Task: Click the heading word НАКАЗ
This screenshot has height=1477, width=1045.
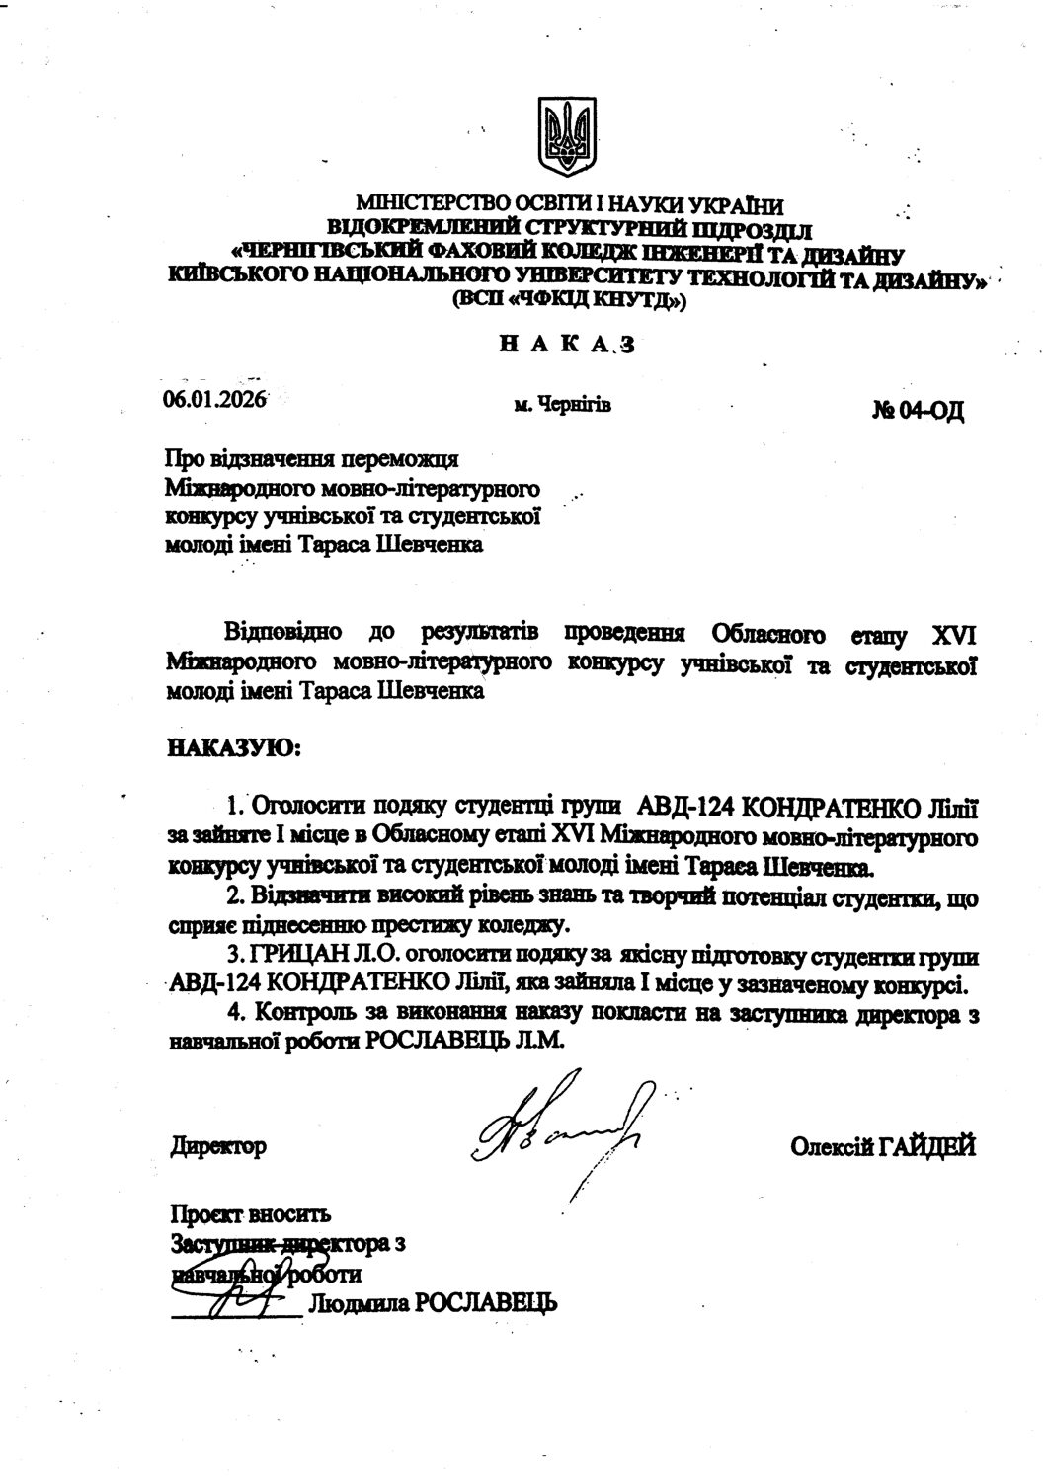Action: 564,345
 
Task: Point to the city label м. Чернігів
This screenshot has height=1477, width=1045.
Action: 562,404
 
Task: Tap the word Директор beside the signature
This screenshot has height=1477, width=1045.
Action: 218,1146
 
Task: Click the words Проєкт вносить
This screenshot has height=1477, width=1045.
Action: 251,1212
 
